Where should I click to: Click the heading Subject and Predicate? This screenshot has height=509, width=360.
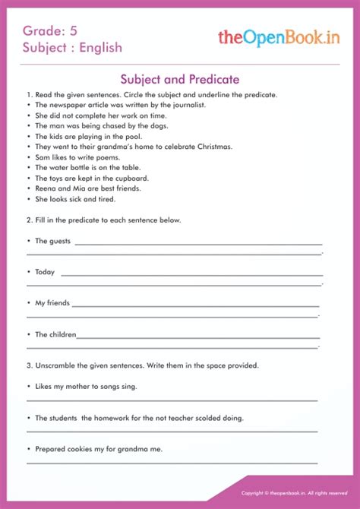coord(180,79)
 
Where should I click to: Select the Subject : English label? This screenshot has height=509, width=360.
coord(72,47)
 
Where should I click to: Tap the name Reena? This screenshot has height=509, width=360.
coord(46,188)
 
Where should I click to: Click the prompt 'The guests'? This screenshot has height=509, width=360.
coord(52,241)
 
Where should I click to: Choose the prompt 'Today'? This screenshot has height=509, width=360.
coord(45,271)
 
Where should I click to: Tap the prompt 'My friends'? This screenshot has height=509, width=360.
coord(52,302)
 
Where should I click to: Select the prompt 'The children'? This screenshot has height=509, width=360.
coord(55,334)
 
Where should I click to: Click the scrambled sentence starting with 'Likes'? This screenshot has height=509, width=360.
coord(86,386)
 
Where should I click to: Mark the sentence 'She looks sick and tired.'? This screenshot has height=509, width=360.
coord(75,199)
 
